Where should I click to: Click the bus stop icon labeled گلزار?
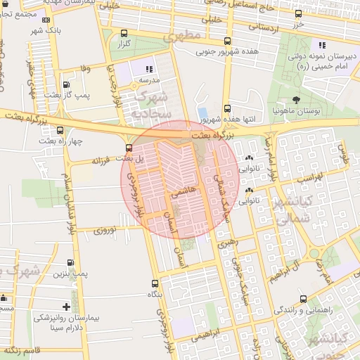pyautogui.click(x=124, y=33)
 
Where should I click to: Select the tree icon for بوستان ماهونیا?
pyautogui.click(x=295, y=100)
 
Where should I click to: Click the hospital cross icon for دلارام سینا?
pyautogui.click(x=66, y=307)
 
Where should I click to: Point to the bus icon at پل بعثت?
pyautogui.click(x=128, y=148)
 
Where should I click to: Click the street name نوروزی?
pyautogui.click(x=109, y=230)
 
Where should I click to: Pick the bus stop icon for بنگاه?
pyautogui.click(x=155, y=283)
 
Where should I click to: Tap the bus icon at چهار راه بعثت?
pyautogui.click(x=60, y=130)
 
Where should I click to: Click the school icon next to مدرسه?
pyautogui.click(x=149, y=69)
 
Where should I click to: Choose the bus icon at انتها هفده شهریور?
pyautogui.click(x=226, y=108)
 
